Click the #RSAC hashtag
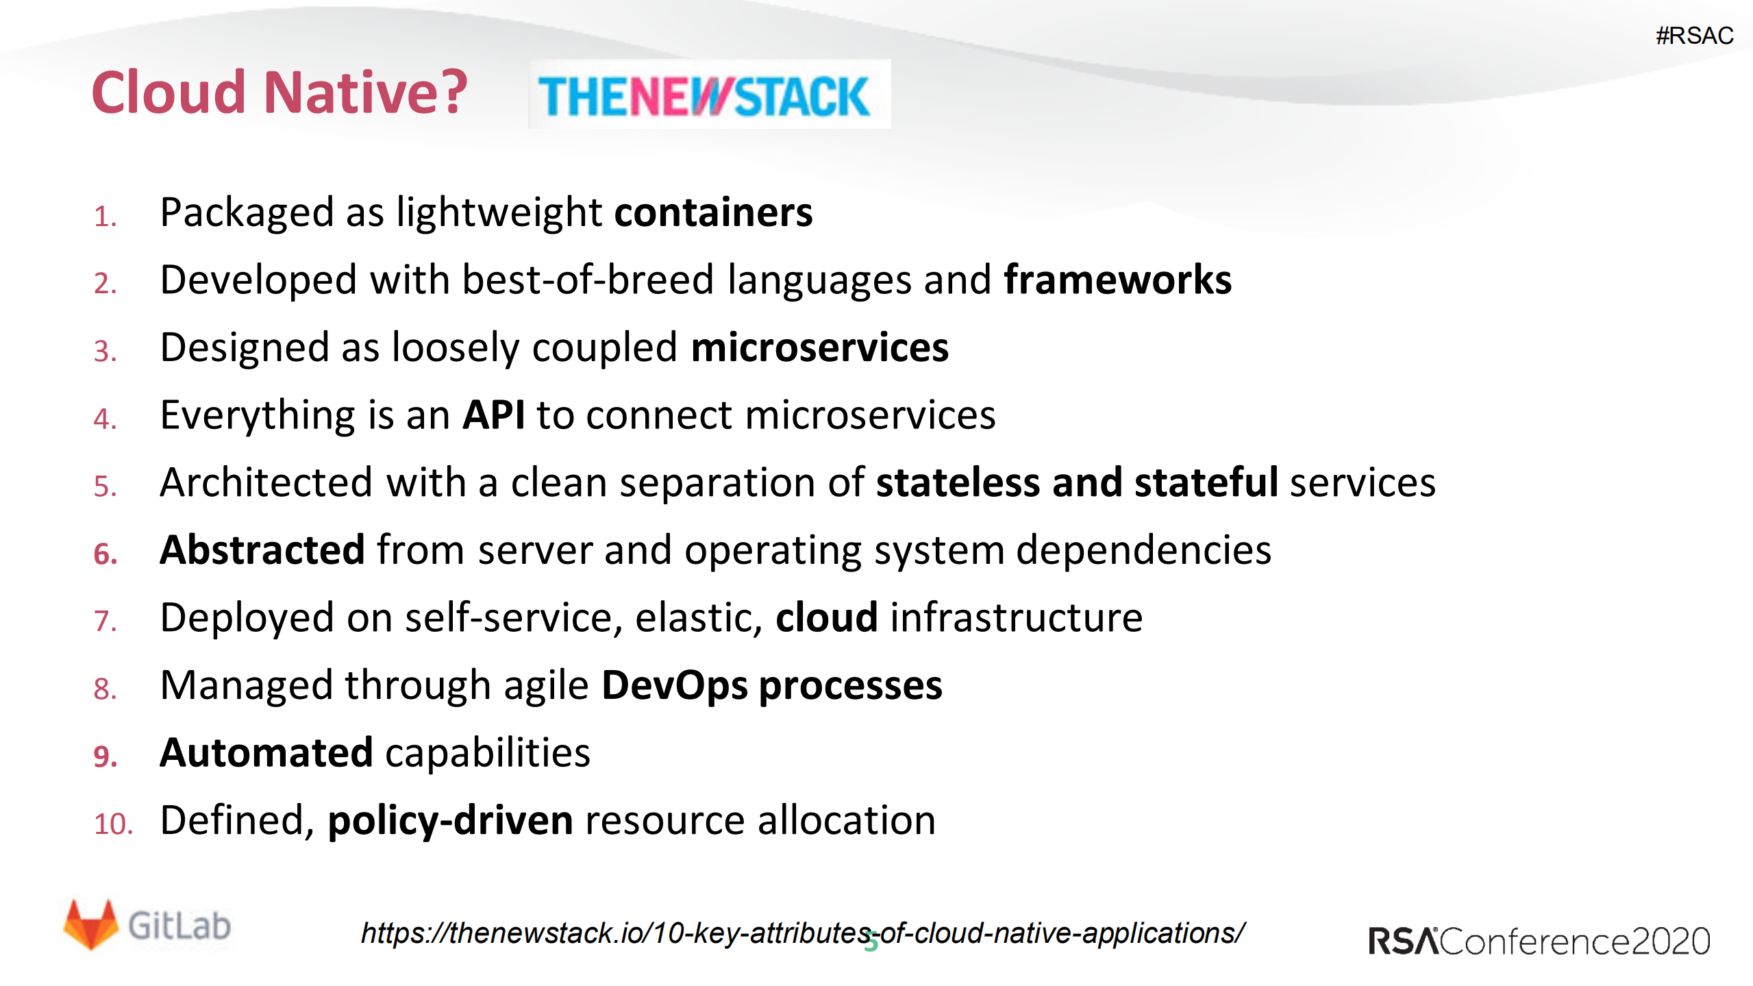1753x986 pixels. pos(1694,36)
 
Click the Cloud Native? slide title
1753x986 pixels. pos(279,92)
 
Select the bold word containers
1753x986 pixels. pos(712,212)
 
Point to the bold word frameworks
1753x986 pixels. pos(1117,280)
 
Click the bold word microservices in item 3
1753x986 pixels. pos(819,347)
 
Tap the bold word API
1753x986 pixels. pos(493,415)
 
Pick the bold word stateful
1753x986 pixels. pos(1206,482)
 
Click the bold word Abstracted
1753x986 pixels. pos(262,550)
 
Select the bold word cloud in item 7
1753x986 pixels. pos(826,617)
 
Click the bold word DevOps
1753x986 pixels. pos(674,685)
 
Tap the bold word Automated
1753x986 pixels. pos(266,752)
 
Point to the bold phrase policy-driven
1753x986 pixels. pos(450,820)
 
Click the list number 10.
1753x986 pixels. pos(112,824)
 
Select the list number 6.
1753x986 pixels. pos(105,554)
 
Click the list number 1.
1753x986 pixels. pos(105,217)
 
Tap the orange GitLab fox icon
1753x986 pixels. pos(90,924)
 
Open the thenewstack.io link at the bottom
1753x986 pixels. pos(802,933)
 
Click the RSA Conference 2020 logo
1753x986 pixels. pos(1539,941)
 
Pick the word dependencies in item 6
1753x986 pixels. pos(1143,550)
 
